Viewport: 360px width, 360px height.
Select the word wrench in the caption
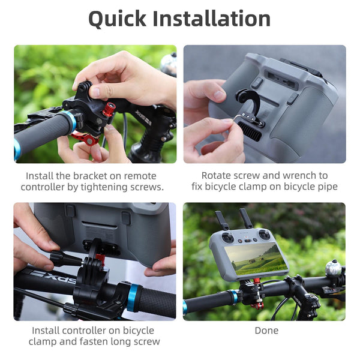(x=300, y=175)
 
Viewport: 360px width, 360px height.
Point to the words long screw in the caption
(x=133, y=341)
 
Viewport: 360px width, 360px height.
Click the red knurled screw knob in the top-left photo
(x=109, y=110)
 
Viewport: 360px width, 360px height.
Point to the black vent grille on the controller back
(x=251, y=131)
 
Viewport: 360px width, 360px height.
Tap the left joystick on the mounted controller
(x=227, y=238)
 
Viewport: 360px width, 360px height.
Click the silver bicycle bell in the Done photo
(x=333, y=268)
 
